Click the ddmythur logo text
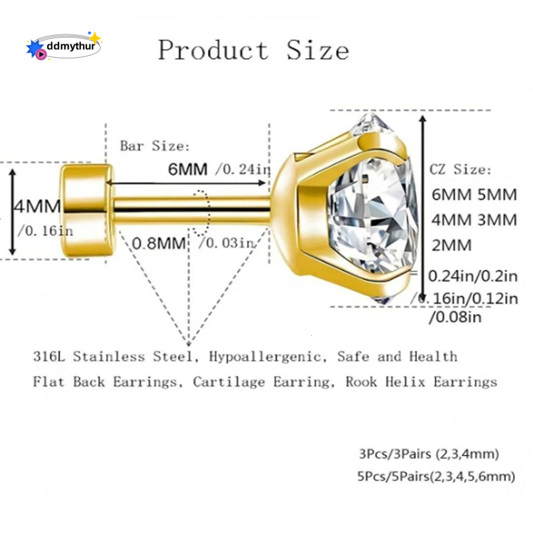click(x=71, y=46)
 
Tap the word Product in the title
click(x=213, y=50)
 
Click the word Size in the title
click(x=318, y=50)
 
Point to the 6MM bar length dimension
click(x=188, y=169)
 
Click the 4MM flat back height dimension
click(x=37, y=207)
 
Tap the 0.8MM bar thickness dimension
click(x=159, y=243)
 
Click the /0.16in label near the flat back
click(x=45, y=231)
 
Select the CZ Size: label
click(x=460, y=169)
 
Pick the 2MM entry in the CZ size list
click(x=452, y=245)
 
